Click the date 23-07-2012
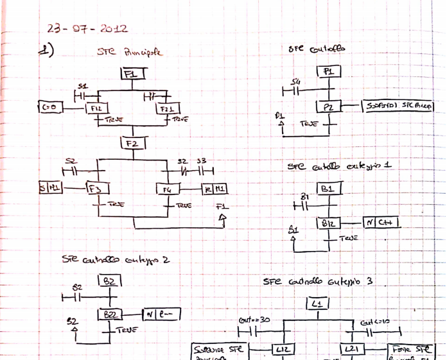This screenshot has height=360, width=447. click(87, 29)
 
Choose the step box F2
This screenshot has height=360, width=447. click(133, 142)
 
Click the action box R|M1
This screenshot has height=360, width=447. click(215, 189)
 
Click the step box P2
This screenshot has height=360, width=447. click(328, 107)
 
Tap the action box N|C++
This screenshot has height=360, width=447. click(381, 222)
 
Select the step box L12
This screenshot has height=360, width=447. click(283, 349)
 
